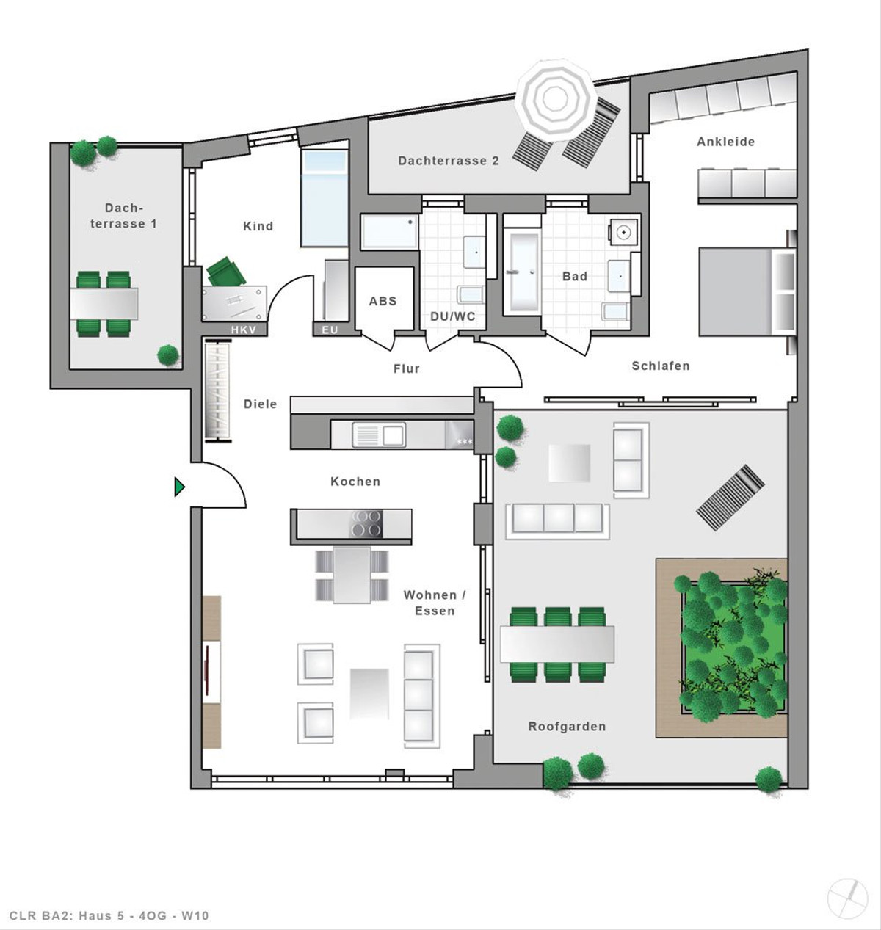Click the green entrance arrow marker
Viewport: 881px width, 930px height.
click(x=179, y=487)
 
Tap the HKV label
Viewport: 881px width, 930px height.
click(x=244, y=330)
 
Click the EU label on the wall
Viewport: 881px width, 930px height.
click(x=330, y=330)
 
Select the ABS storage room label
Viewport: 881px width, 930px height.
click(x=383, y=301)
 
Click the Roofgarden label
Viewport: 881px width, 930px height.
click(x=567, y=726)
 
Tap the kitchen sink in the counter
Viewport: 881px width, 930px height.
click(x=379, y=435)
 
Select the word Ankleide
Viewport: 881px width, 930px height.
click(x=725, y=142)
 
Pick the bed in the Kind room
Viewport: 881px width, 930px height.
click(x=325, y=197)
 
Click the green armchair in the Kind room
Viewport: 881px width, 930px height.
click(x=226, y=272)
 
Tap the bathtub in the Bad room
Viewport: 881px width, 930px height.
click(x=521, y=272)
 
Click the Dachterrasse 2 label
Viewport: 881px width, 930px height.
click(x=449, y=161)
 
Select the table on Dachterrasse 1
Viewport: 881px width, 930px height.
click(x=104, y=304)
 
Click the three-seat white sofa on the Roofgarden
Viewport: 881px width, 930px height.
click(x=557, y=521)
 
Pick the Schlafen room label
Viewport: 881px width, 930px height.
click(x=661, y=366)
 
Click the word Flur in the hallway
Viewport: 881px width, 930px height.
click(x=407, y=368)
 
